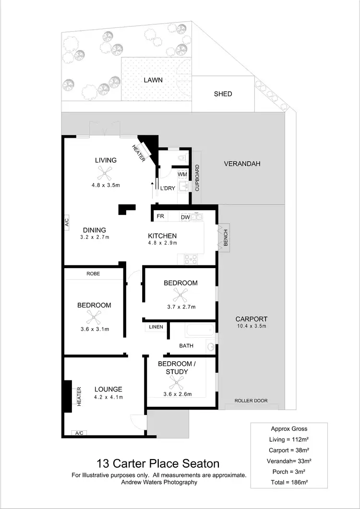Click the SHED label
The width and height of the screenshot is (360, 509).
pos(223,94)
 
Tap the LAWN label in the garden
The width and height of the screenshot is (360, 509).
pos(153,80)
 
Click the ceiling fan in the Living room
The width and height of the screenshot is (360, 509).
pos(105,172)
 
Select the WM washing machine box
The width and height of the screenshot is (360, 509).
pos(182,174)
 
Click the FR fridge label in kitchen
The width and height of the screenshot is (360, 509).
pos(160,217)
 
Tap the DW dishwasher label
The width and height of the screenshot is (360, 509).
pos(185,217)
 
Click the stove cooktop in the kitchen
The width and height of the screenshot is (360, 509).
pos(191,259)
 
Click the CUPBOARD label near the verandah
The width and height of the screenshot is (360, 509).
pos(197,178)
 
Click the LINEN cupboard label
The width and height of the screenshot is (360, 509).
pos(156,327)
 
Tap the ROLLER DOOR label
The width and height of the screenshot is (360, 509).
pos(251,401)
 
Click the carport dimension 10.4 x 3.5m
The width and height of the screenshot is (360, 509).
pos(251,326)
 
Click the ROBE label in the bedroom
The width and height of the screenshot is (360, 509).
pos(93,274)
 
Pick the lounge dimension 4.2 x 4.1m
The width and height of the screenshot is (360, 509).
pos(108,397)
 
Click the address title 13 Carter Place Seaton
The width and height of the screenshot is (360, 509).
pos(158,463)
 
